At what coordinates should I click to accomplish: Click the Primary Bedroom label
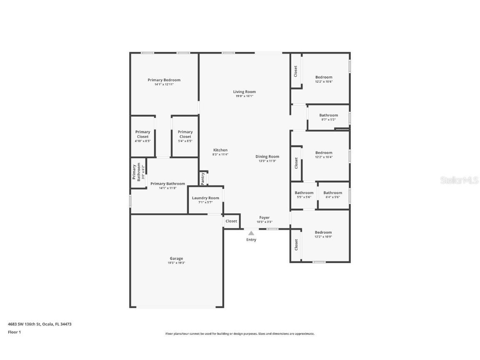[x=164, y=80]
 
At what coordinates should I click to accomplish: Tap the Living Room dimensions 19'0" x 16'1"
[x=244, y=96]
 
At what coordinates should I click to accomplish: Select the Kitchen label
[x=220, y=150]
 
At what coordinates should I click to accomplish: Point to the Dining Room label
[x=267, y=157]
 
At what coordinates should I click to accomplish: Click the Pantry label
[x=203, y=178]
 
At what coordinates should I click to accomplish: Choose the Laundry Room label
[x=205, y=198]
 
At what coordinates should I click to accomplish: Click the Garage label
[x=176, y=258]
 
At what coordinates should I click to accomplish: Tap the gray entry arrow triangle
[x=251, y=233]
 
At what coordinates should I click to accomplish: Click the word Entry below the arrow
[x=251, y=240]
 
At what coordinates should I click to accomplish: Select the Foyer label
[x=265, y=217]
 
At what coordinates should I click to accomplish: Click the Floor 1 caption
[x=14, y=332]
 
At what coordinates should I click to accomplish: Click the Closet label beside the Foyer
[x=231, y=221]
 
